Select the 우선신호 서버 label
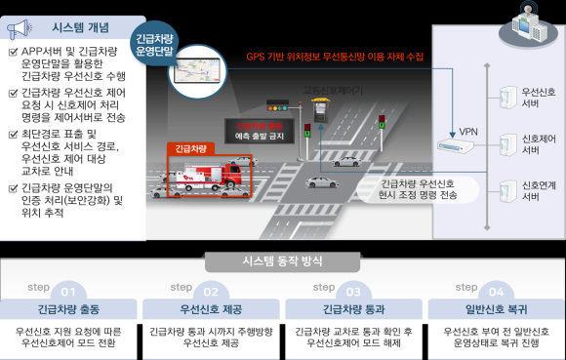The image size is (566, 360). click(539, 99)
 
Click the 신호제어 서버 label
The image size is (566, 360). click(539, 144)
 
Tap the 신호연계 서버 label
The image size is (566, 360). click(539, 190)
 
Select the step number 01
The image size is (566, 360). click(68, 292)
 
